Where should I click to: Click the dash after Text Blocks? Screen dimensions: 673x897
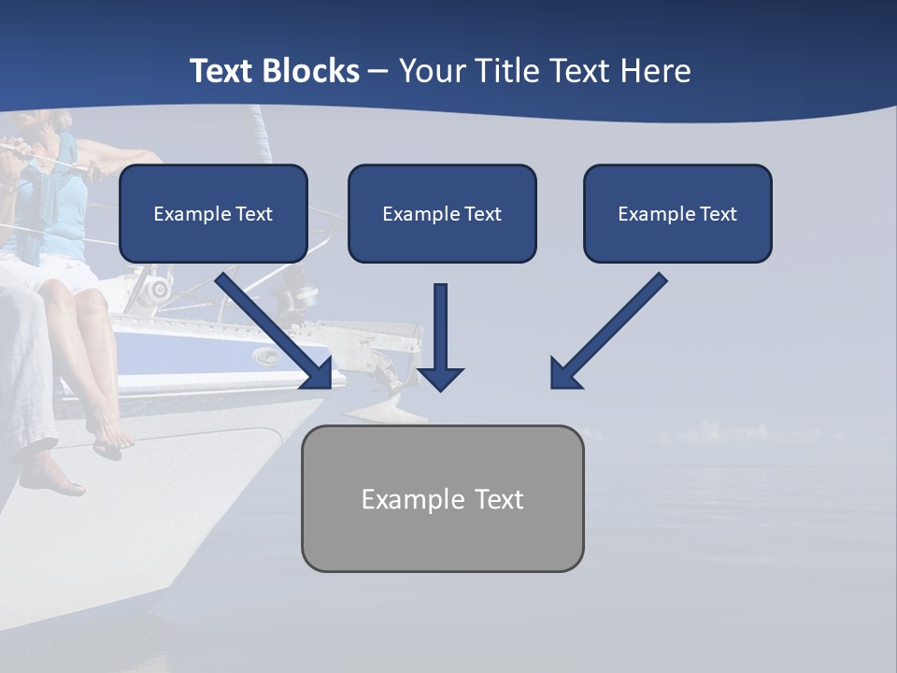coord(378,72)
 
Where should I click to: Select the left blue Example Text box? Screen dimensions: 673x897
coord(213,213)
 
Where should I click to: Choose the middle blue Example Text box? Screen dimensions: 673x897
coord(442,213)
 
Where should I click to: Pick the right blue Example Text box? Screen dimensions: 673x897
coord(677,213)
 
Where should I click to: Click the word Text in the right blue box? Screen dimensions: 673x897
coord(718,214)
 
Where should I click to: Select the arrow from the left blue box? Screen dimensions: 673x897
coord(271,327)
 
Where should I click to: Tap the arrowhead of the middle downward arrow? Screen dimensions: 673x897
coord(440,378)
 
